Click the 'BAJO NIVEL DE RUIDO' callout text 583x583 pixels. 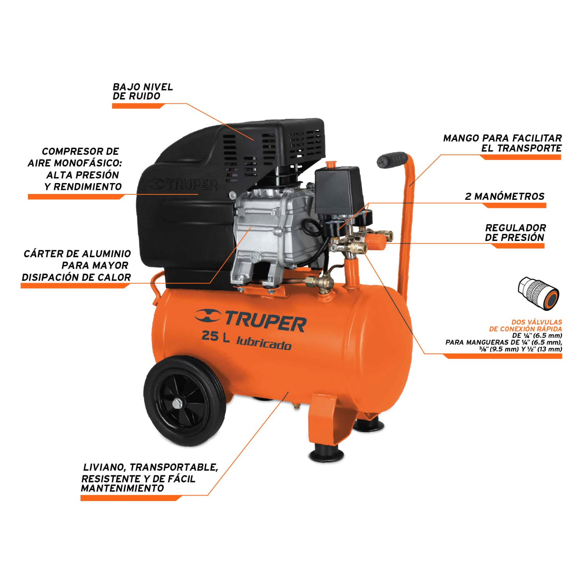(143, 92)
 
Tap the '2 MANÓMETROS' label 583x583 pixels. (504, 196)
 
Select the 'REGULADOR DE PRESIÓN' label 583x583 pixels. (515, 232)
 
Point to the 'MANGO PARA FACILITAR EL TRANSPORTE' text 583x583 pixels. (502, 143)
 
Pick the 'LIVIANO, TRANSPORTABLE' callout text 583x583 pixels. (150, 467)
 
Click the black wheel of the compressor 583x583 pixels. (185, 400)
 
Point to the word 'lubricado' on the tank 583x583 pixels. (264, 344)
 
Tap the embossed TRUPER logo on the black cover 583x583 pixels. (183, 184)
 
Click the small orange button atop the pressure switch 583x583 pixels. (331, 165)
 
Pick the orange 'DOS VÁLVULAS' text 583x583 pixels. (537, 322)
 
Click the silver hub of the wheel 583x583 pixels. (177, 404)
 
